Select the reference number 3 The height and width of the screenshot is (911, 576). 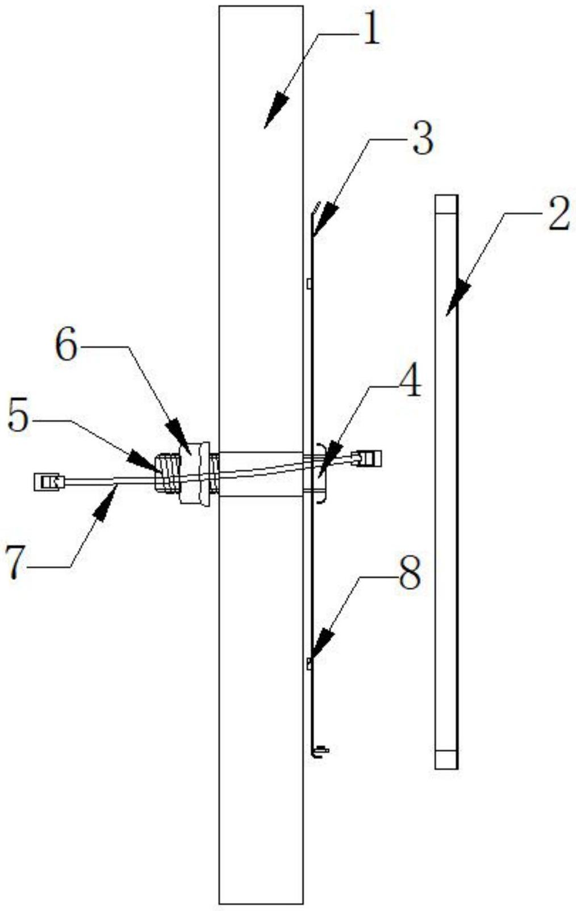[x=423, y=139]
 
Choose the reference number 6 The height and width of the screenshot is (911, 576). [x=66, y=346]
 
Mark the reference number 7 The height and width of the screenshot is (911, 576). [x=16, y=562]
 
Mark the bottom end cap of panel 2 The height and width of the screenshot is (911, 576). [x=446, y=759]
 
